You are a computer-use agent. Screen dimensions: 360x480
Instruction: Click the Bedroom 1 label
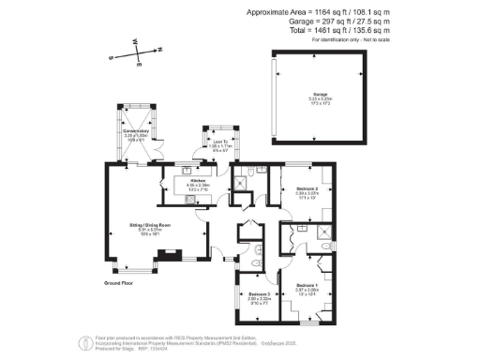(308, 284)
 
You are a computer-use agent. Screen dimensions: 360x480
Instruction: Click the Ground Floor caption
(118, 281)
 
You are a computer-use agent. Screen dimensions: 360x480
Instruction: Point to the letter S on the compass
(112, 57)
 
